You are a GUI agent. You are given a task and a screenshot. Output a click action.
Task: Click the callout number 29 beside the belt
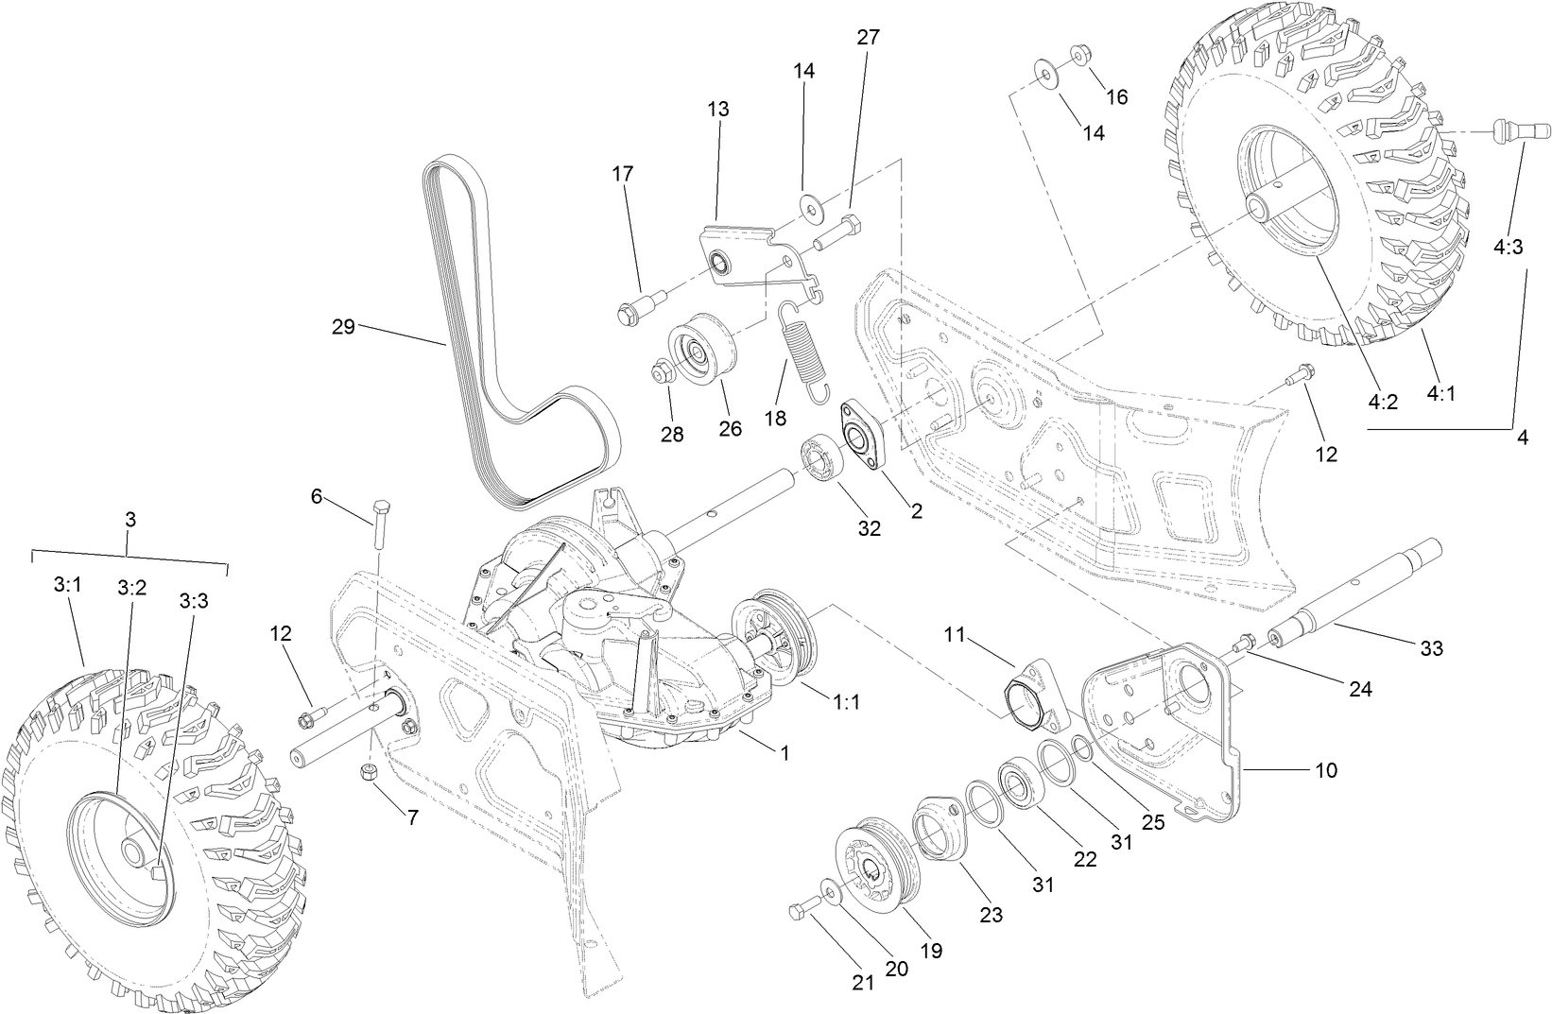342,327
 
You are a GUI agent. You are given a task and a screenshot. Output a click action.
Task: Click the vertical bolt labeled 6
380,523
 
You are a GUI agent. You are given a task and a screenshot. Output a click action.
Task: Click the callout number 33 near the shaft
1431,648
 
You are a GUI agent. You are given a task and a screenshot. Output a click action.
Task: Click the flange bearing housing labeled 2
861,438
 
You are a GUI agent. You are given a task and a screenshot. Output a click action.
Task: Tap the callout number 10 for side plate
1325,770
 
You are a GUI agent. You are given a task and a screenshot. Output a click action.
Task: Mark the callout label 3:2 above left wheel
132,587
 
